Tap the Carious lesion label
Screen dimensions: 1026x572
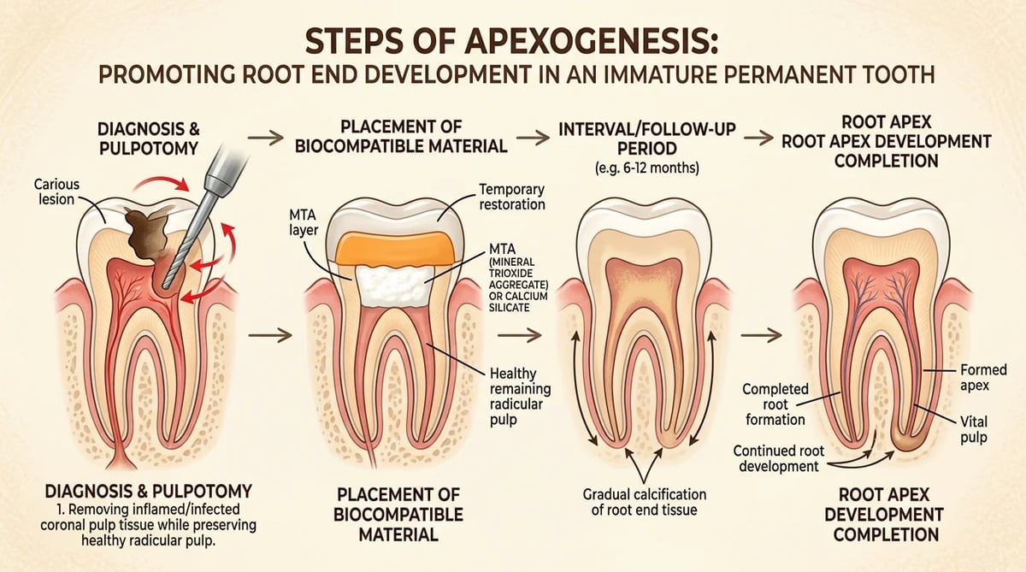point(56,192)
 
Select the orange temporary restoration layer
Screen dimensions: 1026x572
point(394,248)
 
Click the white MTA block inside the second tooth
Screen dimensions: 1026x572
point(395,286)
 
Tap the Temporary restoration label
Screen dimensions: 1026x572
point(511,197)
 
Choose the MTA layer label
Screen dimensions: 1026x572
point(304,222)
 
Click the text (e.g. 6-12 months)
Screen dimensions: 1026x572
point(647,168)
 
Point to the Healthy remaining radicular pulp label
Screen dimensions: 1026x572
point(520,397)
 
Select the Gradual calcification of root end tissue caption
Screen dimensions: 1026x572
point(645,502)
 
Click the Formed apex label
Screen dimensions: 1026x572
point(983,377)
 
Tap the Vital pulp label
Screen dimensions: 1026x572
point(974,429)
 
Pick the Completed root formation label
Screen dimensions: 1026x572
point(775,404)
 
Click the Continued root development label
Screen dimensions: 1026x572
point(778,458)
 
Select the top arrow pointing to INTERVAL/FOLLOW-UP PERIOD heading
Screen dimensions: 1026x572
point(534,138)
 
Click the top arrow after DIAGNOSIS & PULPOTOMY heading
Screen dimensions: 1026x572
point(266,138)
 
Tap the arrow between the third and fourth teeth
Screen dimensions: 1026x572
point(761,335)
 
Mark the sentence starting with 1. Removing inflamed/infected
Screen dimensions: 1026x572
point(149,525)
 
